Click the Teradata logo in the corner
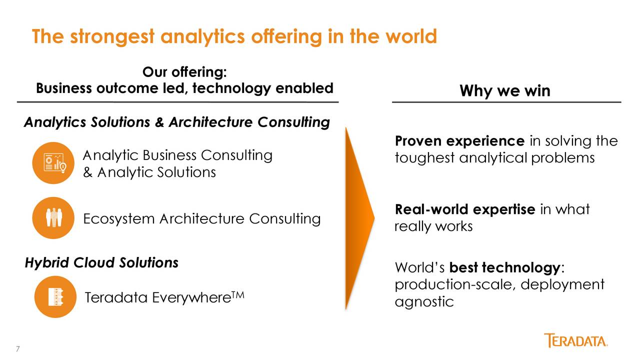pos(575,340)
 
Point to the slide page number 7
pos(18,349)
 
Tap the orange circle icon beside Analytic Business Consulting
pos(53,163)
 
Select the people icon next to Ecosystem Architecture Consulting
pos(53,217)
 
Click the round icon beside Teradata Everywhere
pos(55,296)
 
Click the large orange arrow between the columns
pos(359,218)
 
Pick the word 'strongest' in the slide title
pos(112,37)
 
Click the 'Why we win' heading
pos(505,91)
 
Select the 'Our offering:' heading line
pos(184,71)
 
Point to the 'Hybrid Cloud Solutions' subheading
pos(101,263)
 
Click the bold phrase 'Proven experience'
pos(459,141)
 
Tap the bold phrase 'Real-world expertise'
pos(465,209)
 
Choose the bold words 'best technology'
pos(505,268)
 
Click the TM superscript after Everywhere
pos(238,294)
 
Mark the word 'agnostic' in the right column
pos(424,301)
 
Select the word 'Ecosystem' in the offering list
pos(119,219)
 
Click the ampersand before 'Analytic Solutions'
pos(87,172)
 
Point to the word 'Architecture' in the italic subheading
pos(210,122)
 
